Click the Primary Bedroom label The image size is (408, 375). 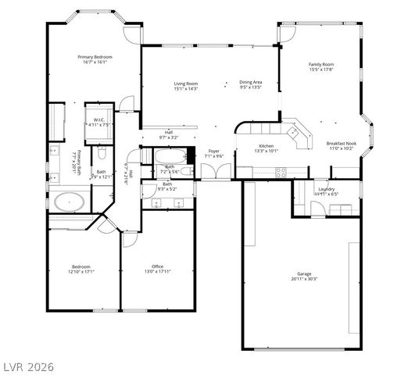pos(95,57)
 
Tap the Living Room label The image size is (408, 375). pos(185,83)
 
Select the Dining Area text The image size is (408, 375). pos(250,83)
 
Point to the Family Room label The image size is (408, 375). pos(320,64)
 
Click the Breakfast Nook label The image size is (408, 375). pos(342,144)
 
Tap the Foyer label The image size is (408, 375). pos(214,151)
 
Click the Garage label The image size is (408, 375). pos(303,273)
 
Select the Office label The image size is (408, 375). pos(157,266)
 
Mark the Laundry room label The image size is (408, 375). pos(327,189)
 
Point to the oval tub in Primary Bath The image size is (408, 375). pos(70,201)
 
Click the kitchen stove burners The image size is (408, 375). pos(281,172)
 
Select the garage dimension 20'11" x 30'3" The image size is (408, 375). pos(303,279)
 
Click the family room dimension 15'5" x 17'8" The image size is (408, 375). pos(320,70)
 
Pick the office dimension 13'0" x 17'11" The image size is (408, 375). pos(157,272)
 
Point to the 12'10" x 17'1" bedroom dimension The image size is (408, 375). pos(82,272)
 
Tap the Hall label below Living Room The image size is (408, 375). pos(169,132)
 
